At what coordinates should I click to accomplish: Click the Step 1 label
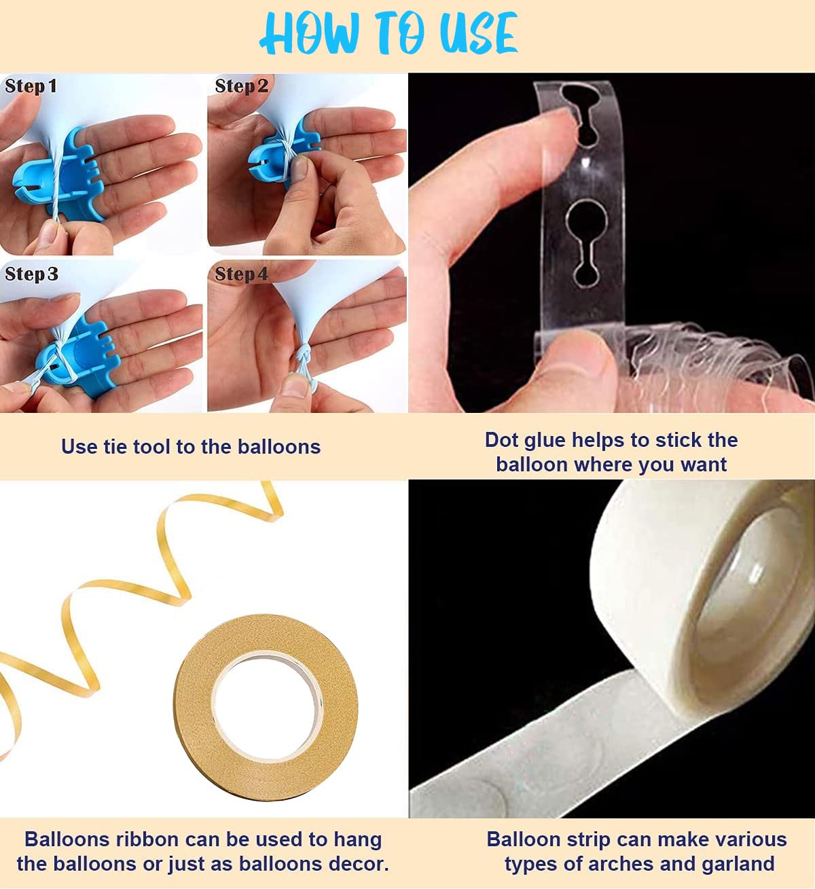click(31, 86)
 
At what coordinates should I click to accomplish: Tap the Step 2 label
click(242, 86)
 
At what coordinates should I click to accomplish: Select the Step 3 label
click(31, 274)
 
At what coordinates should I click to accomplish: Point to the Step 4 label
click(242, 274)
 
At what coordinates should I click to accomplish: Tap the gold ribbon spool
click(265, 708)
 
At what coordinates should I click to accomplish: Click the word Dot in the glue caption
click(501, 440)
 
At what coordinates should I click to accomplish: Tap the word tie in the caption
click(115, 447)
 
